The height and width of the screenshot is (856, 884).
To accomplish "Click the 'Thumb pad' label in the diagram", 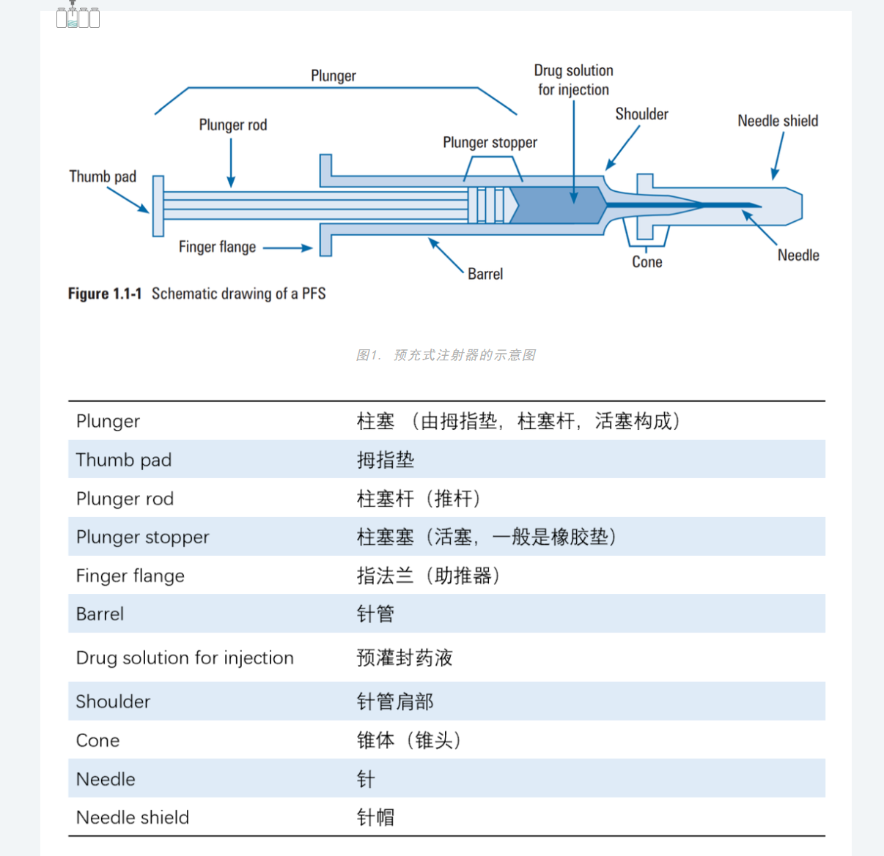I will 103,176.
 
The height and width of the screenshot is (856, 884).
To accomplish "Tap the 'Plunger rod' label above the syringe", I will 232,125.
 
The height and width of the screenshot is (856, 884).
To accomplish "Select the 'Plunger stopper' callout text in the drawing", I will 490,143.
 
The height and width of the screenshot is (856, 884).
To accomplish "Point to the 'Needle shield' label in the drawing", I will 778,121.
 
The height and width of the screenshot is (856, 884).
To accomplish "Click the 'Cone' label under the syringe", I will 647,262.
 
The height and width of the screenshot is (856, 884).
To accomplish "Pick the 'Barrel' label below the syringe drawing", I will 485,274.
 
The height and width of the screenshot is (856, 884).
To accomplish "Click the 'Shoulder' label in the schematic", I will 641,114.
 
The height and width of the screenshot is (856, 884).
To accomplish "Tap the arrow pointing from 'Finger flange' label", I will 287,248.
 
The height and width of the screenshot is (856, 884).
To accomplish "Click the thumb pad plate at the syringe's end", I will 158,206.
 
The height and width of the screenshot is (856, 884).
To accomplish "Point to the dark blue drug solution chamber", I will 557,205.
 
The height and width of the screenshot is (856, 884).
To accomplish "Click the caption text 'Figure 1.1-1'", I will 105,294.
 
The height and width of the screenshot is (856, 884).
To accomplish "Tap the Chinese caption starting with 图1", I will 445,355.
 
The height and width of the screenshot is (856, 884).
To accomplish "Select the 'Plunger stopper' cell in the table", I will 142,537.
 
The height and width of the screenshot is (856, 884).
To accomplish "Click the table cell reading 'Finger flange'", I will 130,576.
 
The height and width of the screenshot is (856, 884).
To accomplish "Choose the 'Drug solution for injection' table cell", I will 185,658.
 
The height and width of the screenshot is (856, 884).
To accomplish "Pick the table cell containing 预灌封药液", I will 404,658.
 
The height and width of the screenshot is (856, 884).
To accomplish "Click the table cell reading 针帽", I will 375,817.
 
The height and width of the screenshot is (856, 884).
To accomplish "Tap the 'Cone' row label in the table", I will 97,740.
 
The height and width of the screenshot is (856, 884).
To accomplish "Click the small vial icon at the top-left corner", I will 77,16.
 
